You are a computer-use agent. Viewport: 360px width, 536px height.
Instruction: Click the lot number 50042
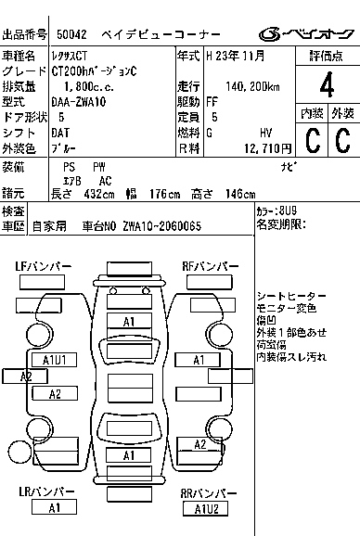pyautogui.click(x=71, y=34)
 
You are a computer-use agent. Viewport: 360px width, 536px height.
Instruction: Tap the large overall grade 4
pyautogui.click(x=327, y=84)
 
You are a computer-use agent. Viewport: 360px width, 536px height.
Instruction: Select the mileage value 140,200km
pyautogui.click(x=252, y=87)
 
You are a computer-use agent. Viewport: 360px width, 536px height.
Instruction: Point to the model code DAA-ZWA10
pyautogui.click(x=79, y=102)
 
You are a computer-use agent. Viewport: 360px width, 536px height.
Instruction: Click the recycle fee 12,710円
pyautogui.click(x=268, y=148)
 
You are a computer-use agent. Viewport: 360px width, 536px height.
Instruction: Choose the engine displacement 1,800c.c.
pyautogui.click(x=89, y=87)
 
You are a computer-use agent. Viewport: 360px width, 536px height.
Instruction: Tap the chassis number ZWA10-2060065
pyautogui.click(x=162, y=226)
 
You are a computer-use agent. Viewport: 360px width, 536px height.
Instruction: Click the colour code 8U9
pyautogui.click(x=288, y=211)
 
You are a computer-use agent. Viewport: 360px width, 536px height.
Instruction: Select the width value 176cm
pyautogui.click(x=164, y=194)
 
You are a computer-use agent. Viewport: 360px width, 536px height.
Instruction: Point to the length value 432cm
pyautogui.click(x=99, y=194)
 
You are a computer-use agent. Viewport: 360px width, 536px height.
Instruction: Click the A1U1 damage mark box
pyautogui.click(x=55, y=360)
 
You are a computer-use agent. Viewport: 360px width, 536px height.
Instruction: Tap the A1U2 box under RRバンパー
pyautogui.click(x=206, y=509)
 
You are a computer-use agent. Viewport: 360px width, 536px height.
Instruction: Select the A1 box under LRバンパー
pyautogui.click(x=54, y=507)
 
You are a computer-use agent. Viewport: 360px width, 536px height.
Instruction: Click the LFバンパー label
pyautogui.click(x=44, y=266)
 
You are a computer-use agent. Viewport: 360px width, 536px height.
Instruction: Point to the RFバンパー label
pyautogui.click(x=211, y=266)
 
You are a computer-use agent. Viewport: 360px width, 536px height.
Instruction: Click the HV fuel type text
pyautogui.click(x=265, y=133)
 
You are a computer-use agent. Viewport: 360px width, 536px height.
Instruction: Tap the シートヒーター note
pyautogui.click(x=291, y=296)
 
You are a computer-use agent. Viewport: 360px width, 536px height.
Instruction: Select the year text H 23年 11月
pyautogui.click(x=236, y=56)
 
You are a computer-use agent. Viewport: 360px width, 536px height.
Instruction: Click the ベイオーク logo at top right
pyautogui.click(x=306, y=34)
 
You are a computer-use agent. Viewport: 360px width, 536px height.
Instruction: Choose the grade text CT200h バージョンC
pyautogui.click(x=94, y=71)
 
